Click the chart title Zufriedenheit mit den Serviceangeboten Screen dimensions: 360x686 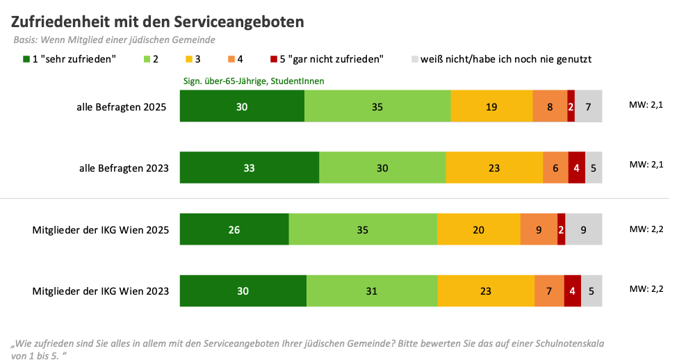(158, 22)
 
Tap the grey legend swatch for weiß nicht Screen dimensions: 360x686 (416, 59)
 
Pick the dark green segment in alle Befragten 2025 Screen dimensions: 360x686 (242, 106)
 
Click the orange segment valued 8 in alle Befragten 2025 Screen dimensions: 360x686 (550, 106)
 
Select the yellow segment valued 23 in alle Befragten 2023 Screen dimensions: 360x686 (494, 167)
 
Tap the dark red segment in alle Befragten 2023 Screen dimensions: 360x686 (576, 167)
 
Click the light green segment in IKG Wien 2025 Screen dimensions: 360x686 (363, 229)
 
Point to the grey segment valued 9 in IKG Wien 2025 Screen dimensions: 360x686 (583, 229)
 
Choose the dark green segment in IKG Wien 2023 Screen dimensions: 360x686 (243, 291)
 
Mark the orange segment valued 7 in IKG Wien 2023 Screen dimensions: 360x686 (549, 291)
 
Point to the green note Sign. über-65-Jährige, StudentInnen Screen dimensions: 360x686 (254, 81)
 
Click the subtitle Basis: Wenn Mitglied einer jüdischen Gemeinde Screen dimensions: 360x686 (114, 40)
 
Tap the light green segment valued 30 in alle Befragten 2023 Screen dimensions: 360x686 (382, 167)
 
